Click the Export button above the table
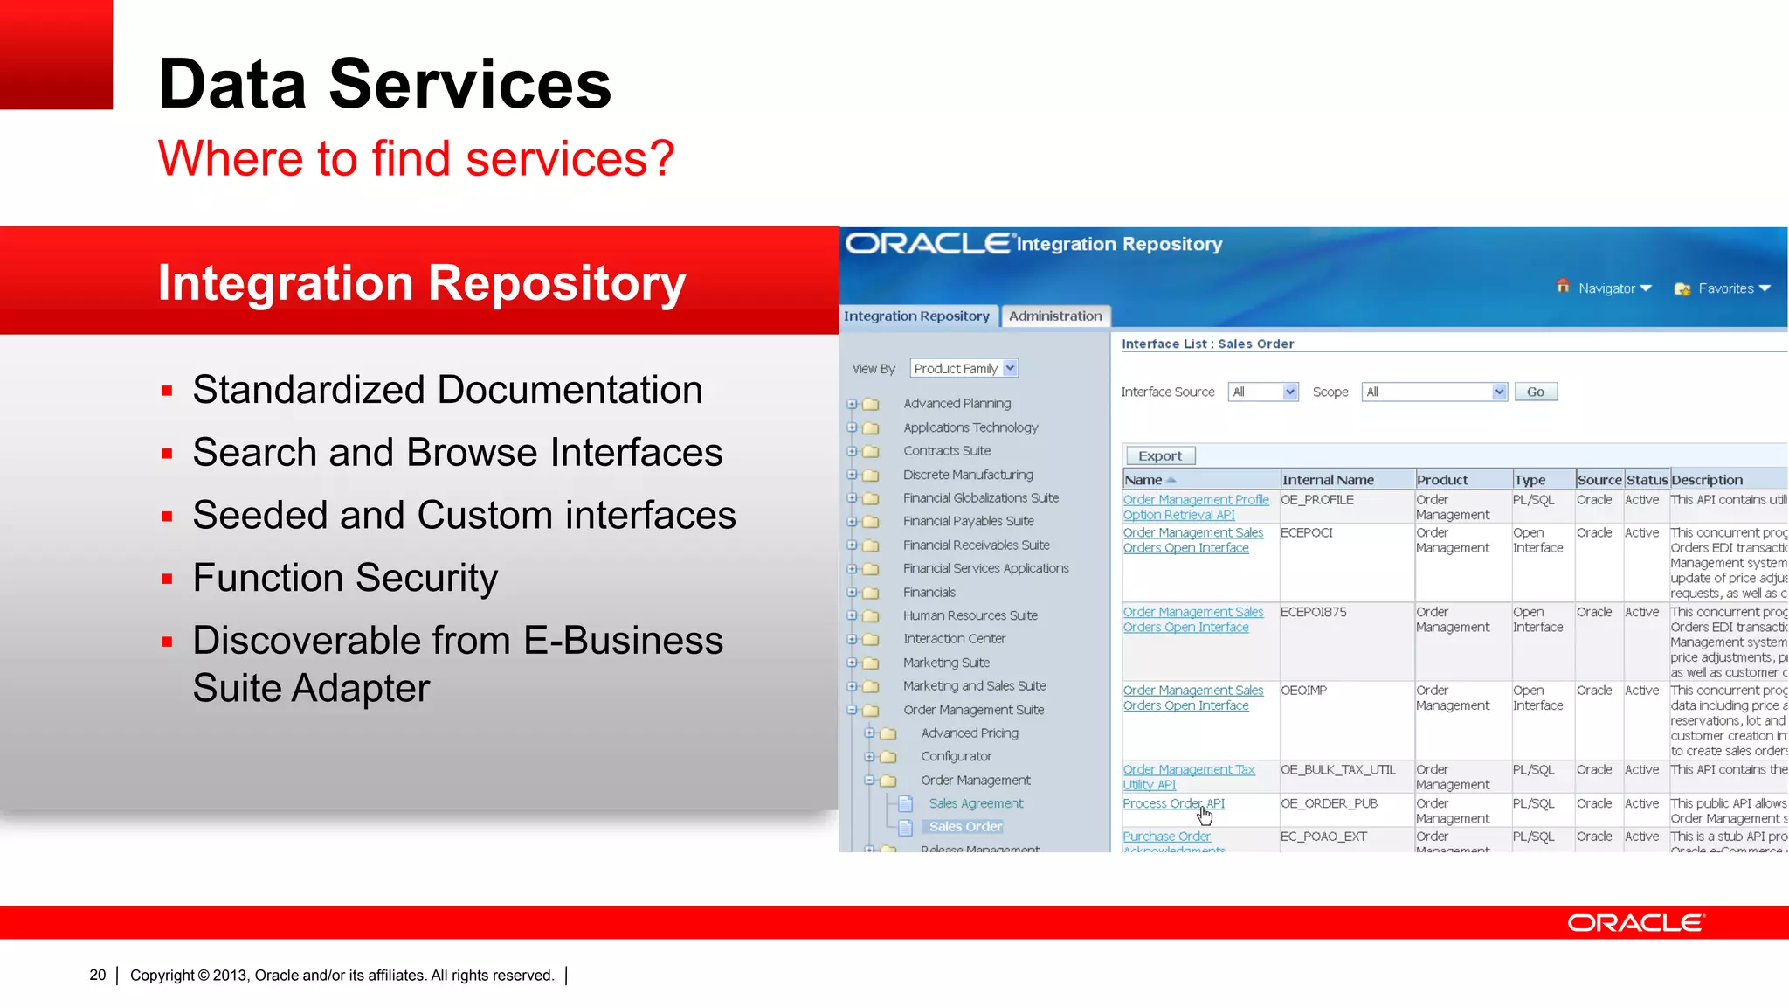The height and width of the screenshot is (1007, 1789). (1159, 456)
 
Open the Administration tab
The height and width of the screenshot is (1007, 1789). (1055, 316)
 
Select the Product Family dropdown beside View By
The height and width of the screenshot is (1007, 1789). (964, 369)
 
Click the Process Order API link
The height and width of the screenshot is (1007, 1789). (1173, 803)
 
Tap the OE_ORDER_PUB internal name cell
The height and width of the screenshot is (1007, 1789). (1329, 803)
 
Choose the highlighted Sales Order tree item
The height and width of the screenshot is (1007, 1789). (965, 827)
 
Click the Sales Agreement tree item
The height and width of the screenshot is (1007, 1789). (976, 803)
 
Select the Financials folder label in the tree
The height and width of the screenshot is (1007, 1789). (929, 593)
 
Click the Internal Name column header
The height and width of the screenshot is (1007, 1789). (1328, 480)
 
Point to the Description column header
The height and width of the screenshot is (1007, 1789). (1706, 480)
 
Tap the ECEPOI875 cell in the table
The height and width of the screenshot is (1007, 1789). (1313, 612)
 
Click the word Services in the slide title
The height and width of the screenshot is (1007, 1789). (470, 85)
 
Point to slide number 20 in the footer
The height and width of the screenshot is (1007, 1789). (97, 975)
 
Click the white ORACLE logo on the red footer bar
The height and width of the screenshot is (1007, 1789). (1635, 923)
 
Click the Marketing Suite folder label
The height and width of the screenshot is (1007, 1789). (946, 663)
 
